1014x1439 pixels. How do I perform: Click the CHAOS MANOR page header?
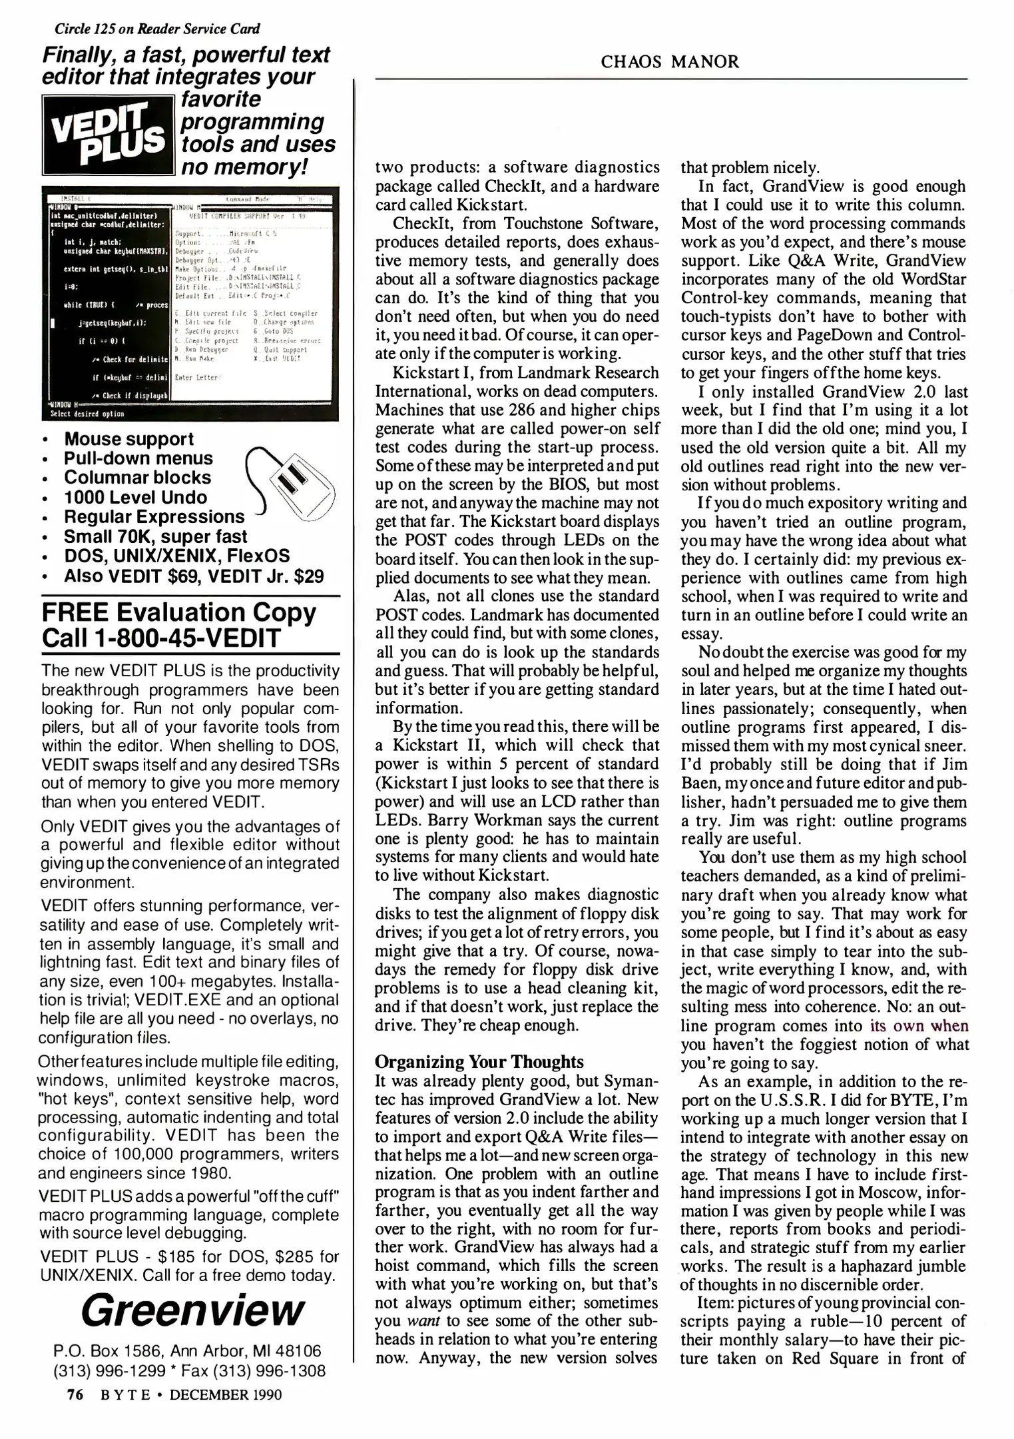(669, 62)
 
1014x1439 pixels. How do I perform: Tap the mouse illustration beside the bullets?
(293, 480)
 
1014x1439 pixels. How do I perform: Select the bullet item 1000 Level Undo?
(135, 497)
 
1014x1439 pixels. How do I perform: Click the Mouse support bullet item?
(128, 439)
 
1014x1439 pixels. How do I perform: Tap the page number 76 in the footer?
(74, 1394)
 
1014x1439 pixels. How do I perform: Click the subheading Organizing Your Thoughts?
(479, 1061)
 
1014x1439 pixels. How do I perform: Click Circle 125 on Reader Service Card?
(157, 29)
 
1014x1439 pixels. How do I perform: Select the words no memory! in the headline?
(244, 167)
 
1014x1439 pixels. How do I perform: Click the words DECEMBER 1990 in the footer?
(226, 1394)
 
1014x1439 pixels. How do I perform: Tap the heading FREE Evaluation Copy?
(178, 612)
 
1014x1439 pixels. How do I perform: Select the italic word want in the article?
(417, 1320)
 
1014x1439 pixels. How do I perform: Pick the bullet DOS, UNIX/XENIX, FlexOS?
(176, 556)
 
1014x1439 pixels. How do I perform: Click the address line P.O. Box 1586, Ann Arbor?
(187, 1351)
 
